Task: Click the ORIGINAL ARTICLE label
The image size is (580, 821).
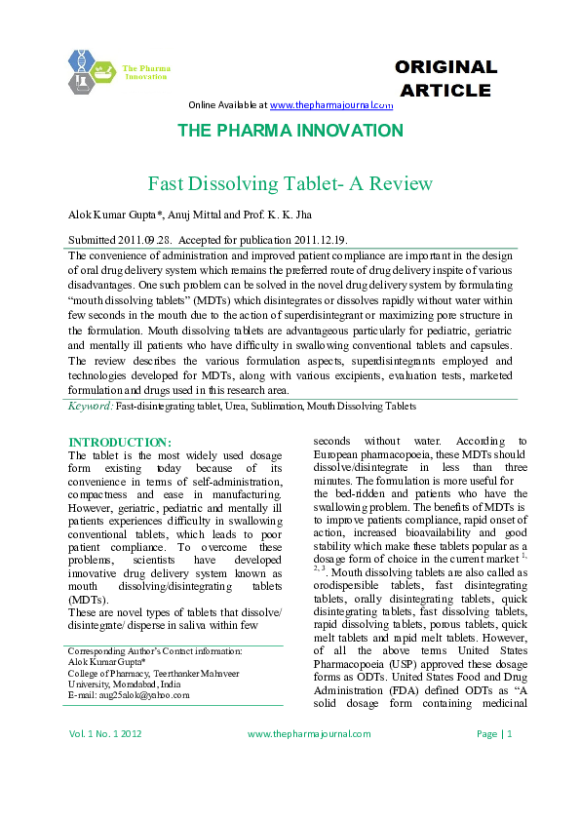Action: (445, 79)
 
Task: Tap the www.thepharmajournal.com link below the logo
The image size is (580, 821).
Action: (330, 104)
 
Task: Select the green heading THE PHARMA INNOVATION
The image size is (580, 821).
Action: (290, 131)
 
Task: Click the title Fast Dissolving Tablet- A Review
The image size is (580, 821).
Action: (276, 183)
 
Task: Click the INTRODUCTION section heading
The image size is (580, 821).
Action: (120, 443)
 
